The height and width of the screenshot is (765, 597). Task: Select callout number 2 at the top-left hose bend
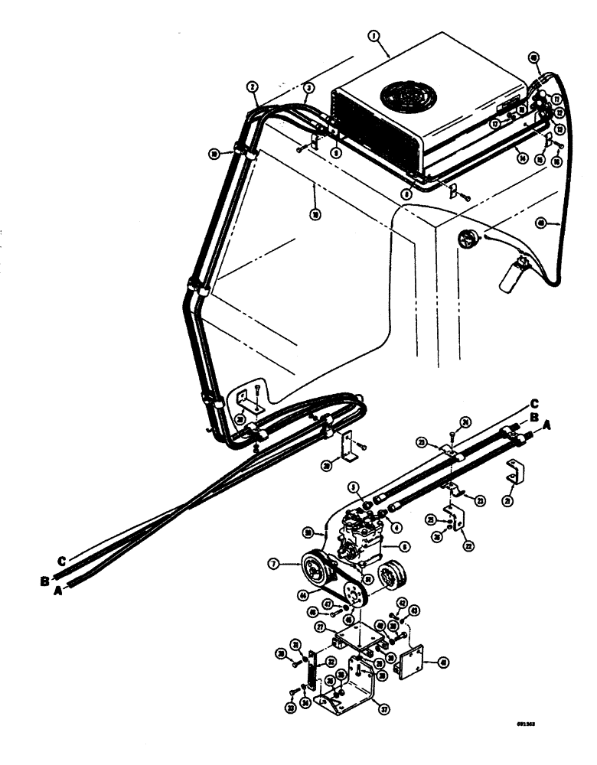[252, 87]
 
